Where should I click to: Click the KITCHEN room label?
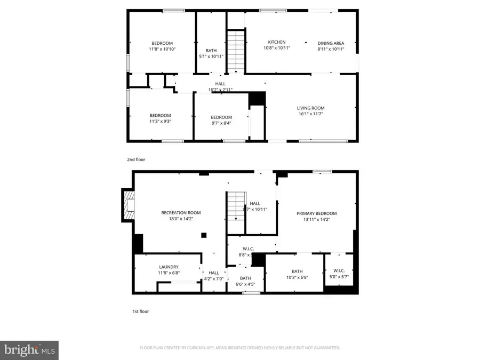pos(276,42)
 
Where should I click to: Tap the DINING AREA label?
pos(331,43)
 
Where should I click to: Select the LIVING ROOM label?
pos(310,108)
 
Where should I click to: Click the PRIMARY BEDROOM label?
pos(316,213)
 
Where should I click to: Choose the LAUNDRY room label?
pos(169,267)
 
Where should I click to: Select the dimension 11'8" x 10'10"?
pos(162,49)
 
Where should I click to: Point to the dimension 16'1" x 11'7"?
pos(310,114)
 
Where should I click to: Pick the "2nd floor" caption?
pos(135,159)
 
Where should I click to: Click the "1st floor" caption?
pos(140,311)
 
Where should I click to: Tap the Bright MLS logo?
pos(29,350)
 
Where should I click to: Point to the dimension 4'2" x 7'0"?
pos(214,278)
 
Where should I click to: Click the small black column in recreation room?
pos(204,235)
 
